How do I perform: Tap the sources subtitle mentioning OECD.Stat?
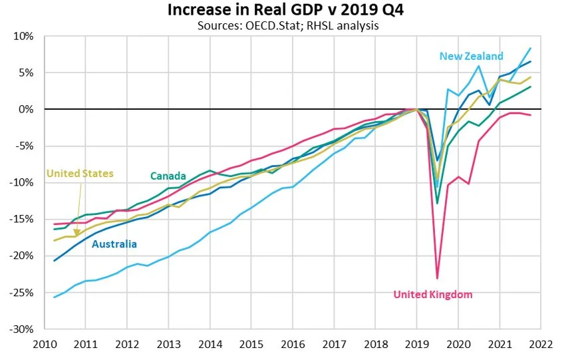click(x=288, y=25)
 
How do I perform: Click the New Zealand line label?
click(x=471, y=56)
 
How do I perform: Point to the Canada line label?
click(x=168, y=176)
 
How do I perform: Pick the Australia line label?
click(x=114, y=244)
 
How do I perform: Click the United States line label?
click(x=80, y=174)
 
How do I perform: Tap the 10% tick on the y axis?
click(x=24, y=36)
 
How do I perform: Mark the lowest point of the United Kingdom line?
click(x=437, y=278)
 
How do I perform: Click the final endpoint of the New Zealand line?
click(x=530, y=48)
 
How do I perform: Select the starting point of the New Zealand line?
click(x=54, y=297)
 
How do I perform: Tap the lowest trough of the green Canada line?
click(x=437, y=204)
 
